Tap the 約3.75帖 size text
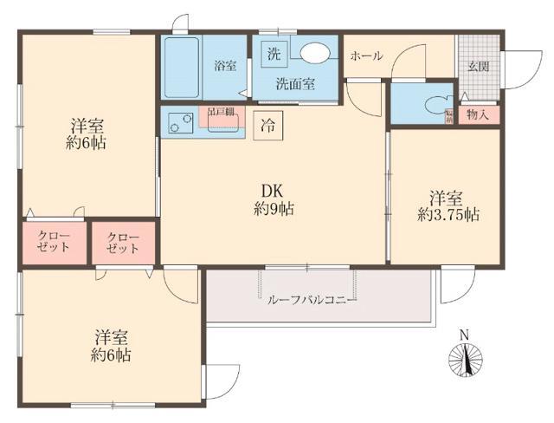click(x=448, y=214)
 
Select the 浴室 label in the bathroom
click(x=225, y=66)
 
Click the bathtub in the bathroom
click(x=182, y=68)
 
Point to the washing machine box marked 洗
click(x=274, y=53)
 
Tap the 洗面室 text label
click(x=294, y=84)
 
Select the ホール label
click(x=366, y=55)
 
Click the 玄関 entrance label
click(x=479, y=65)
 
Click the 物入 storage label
click(x=479, y=113)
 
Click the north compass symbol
click(x=465, y=357)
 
